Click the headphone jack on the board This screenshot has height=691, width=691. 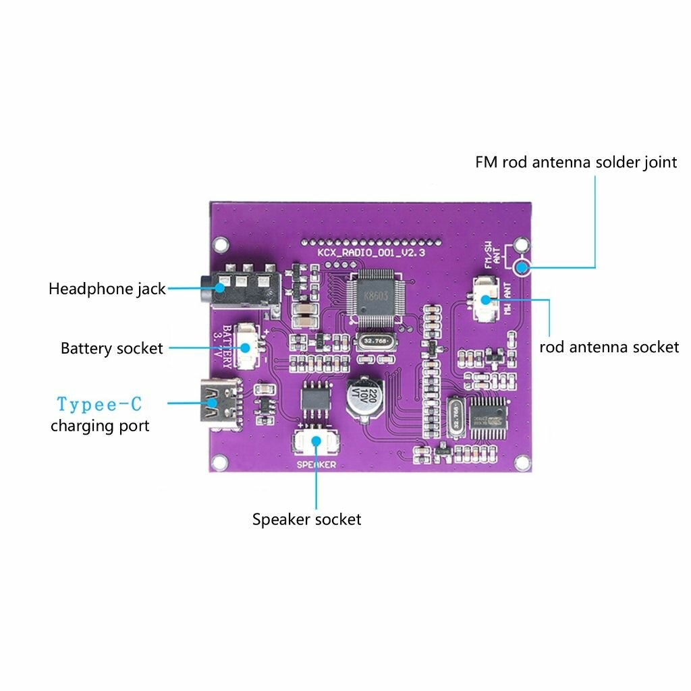click(243, 288)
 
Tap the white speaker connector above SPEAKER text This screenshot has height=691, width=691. click(316, 443)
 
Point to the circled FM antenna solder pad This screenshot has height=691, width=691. click(521, 268)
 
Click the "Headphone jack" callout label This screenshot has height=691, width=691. click(107, 289)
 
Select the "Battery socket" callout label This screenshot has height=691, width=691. click(112, 348)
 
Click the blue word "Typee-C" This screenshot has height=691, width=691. click(99, 404)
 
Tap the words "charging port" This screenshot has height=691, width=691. click(100, 426)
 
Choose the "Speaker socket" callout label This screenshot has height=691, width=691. click(307, 519)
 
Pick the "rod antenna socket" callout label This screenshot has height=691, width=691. click(609, 347)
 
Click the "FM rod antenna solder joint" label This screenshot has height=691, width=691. click(576, 162)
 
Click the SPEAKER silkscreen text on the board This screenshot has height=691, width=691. click(316, 465)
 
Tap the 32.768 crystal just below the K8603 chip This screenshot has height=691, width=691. click(374, 341)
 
